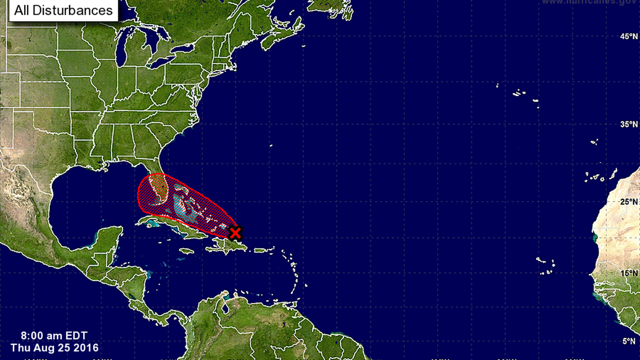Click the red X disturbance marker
tap(236, 232)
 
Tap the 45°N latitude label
tap(628, 37)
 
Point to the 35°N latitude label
tap(628, 124)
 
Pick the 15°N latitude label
tap(628, 273)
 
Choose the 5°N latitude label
tap(629, 341)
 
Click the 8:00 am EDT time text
tap(47, 338)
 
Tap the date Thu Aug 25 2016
tap(54, 348)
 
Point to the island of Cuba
tap(168, 226)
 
